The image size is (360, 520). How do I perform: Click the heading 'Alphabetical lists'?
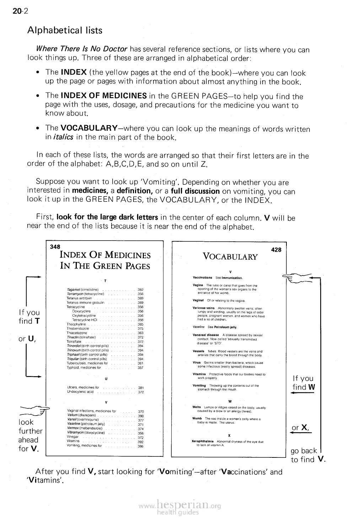click(65, 31)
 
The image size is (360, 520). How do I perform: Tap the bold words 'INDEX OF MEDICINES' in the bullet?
click(104, 96)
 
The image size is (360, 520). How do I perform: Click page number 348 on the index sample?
click(55, 247)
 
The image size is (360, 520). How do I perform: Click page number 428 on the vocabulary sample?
click(276, 250)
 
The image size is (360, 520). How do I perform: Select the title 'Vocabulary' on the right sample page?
click(230, 257)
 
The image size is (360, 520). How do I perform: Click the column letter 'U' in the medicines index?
click(106, 378)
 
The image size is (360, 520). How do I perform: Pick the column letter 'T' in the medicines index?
click(105, 280)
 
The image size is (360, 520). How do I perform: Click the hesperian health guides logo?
click(181, 506)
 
